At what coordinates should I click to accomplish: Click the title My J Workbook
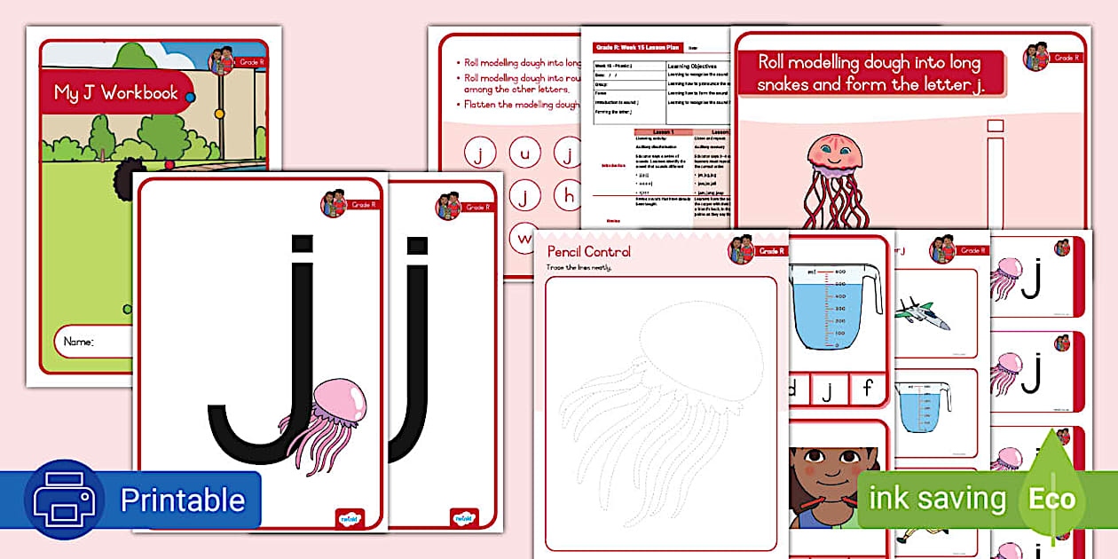[115, 93]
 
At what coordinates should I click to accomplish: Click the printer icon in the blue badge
[64, 500]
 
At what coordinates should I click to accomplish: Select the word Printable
[182, 500]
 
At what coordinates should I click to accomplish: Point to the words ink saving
[937, 499]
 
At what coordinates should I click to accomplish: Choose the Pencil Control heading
[589, 252]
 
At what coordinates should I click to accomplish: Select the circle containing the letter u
[524, 154]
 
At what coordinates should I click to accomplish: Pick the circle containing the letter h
[567, 193]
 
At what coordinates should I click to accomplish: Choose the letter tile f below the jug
[869, 388]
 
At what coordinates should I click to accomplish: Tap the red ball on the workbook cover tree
[170, 164]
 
